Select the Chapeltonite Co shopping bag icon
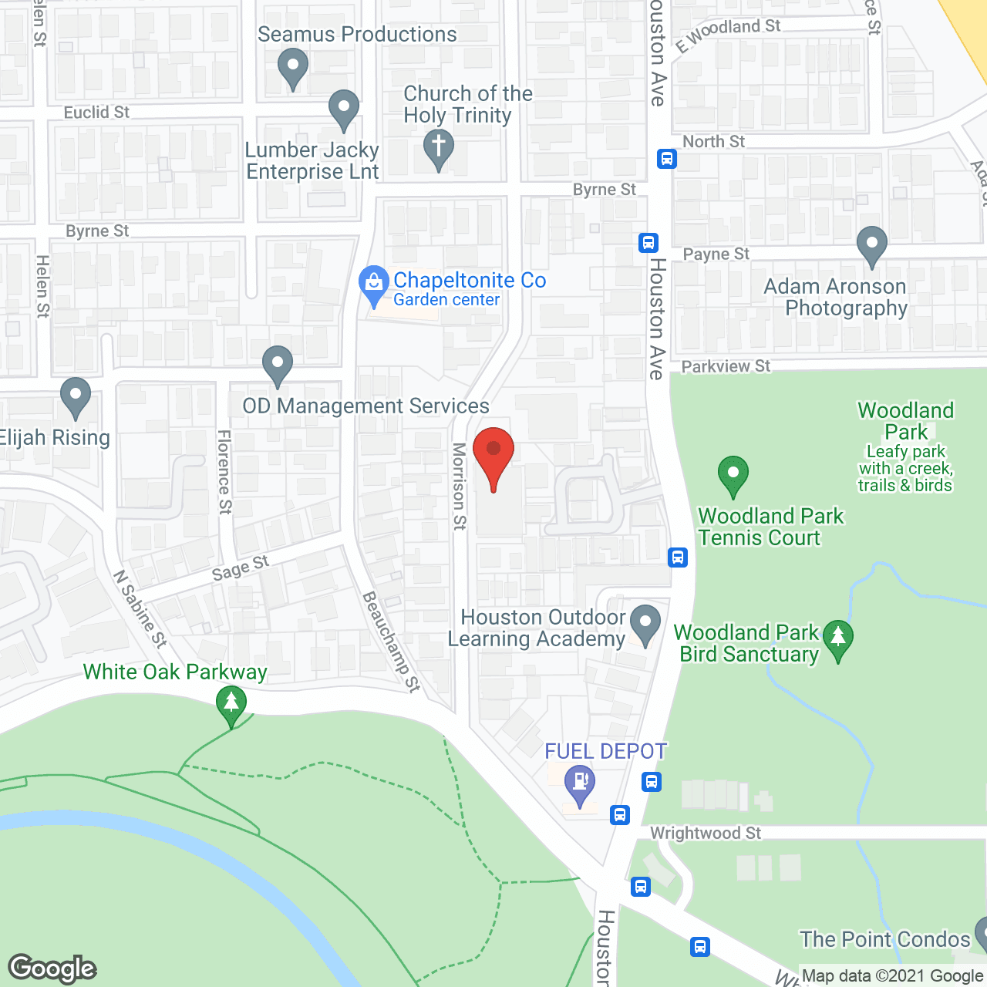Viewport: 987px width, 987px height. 374,285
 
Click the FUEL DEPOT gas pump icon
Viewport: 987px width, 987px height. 580,783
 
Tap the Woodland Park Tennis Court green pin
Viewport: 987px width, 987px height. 733,475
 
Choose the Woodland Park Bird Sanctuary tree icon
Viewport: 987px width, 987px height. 838,639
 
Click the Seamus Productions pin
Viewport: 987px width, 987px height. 293,67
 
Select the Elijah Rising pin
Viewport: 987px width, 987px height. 76,397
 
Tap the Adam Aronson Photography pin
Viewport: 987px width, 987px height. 872,245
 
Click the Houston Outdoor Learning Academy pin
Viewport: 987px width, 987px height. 645,624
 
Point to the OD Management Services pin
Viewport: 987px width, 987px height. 278,365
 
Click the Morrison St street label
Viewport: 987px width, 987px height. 459,486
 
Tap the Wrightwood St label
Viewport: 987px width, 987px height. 706,833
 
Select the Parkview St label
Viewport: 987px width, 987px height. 726,366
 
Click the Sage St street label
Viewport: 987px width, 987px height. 241,568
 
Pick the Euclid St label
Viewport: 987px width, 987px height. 96,113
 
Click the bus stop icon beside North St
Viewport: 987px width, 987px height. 667,159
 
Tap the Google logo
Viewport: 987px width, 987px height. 52,968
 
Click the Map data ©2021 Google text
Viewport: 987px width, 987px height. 892,976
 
